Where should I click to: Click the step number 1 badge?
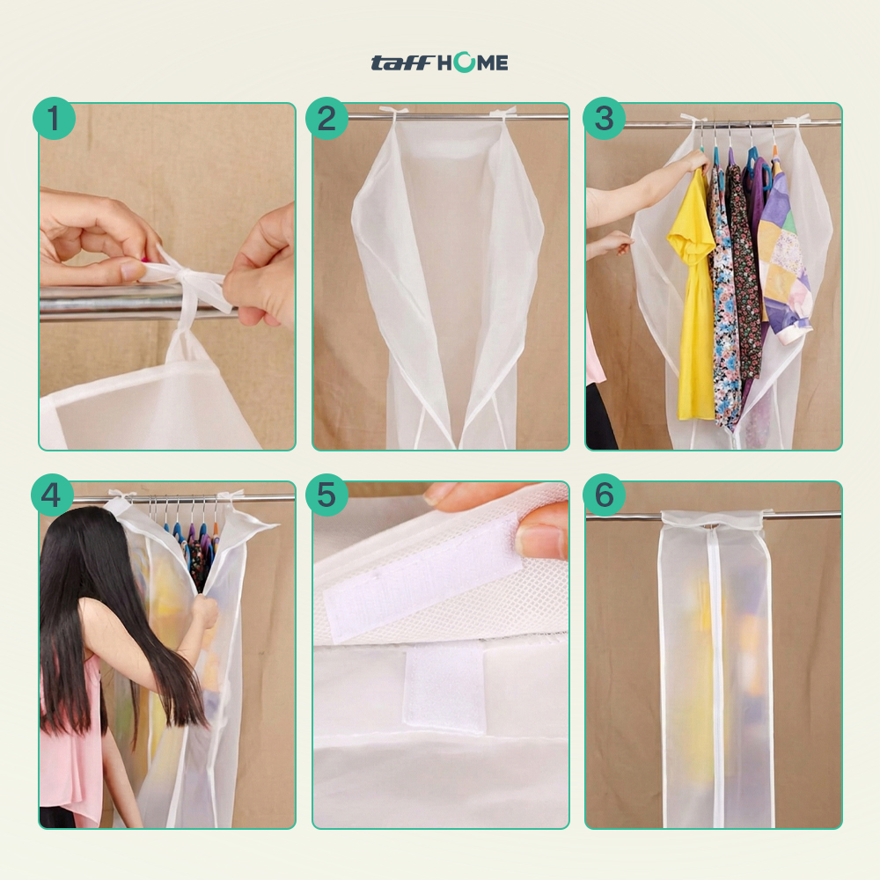54,119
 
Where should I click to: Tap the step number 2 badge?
326,119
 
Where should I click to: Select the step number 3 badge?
604,119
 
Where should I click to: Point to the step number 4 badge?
52,495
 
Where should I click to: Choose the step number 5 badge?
326,495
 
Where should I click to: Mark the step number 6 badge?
604,495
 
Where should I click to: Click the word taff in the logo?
402,62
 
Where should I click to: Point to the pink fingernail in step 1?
145,260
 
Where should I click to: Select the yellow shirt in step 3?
691,292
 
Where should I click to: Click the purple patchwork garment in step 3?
785,258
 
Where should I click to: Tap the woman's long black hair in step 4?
106,612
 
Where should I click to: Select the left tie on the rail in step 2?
392,113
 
